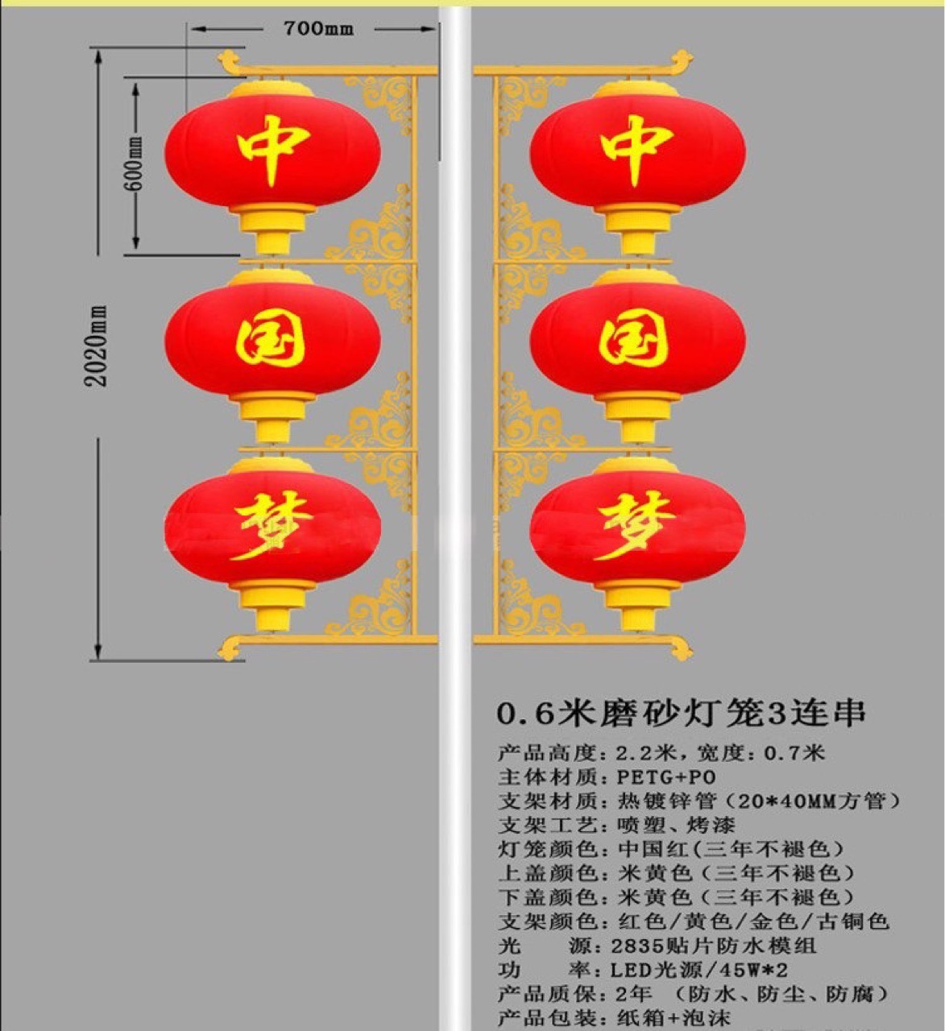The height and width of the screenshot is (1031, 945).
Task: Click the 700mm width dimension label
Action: [x=318, y=29]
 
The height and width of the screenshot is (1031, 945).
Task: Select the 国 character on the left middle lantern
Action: [x=271, y=340]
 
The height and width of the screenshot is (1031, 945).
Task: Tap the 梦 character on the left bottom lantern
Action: [x=271, y=526]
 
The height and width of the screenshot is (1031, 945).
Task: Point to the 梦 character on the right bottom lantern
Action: [x=636, y=526]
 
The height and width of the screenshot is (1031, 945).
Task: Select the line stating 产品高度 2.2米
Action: [x=661, y=753]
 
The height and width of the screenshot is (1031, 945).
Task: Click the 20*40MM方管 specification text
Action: [x=814, y=801]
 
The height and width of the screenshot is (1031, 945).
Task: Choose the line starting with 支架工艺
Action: [x=616, y=826]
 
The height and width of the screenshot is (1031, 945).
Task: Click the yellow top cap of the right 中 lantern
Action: [x=636, y=89]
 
